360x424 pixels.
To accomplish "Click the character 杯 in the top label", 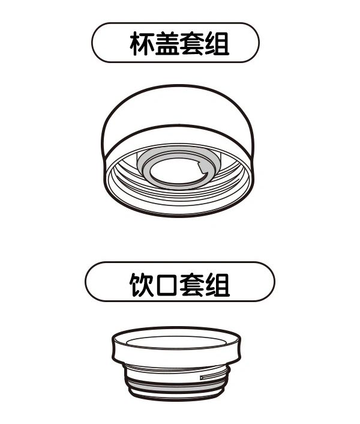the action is [142, 44].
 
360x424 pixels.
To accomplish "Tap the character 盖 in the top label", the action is [167, 44].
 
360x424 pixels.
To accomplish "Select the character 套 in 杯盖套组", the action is [191, 44].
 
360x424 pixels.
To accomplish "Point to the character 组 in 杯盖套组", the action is [217, 44].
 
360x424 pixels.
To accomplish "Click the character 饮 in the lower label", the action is [142, 285].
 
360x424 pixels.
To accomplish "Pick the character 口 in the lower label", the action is [167, 285].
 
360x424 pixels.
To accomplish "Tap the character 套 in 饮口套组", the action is [192, 285].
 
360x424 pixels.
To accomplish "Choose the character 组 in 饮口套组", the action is [217, 285].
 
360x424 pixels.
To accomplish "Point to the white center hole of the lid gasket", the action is [176, 171].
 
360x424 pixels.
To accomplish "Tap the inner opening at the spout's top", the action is [176, 343].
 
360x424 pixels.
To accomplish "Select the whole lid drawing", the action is [178, 151].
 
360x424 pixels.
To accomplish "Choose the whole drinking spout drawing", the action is [176, 364].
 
